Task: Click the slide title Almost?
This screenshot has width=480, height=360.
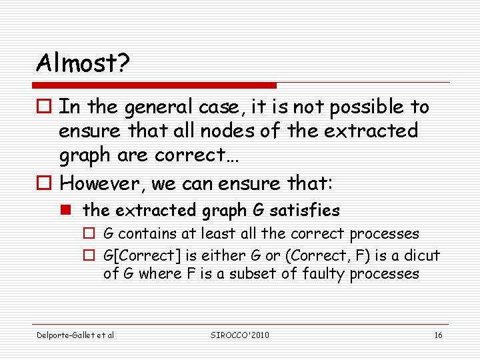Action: tap(83, 63)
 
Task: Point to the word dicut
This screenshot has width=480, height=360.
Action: tap(421, 255)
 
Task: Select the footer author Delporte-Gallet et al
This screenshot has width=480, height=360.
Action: tap(75, 335)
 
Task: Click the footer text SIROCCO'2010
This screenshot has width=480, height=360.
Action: tap(239, 335)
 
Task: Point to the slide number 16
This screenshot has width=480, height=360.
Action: tap(438, 335)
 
